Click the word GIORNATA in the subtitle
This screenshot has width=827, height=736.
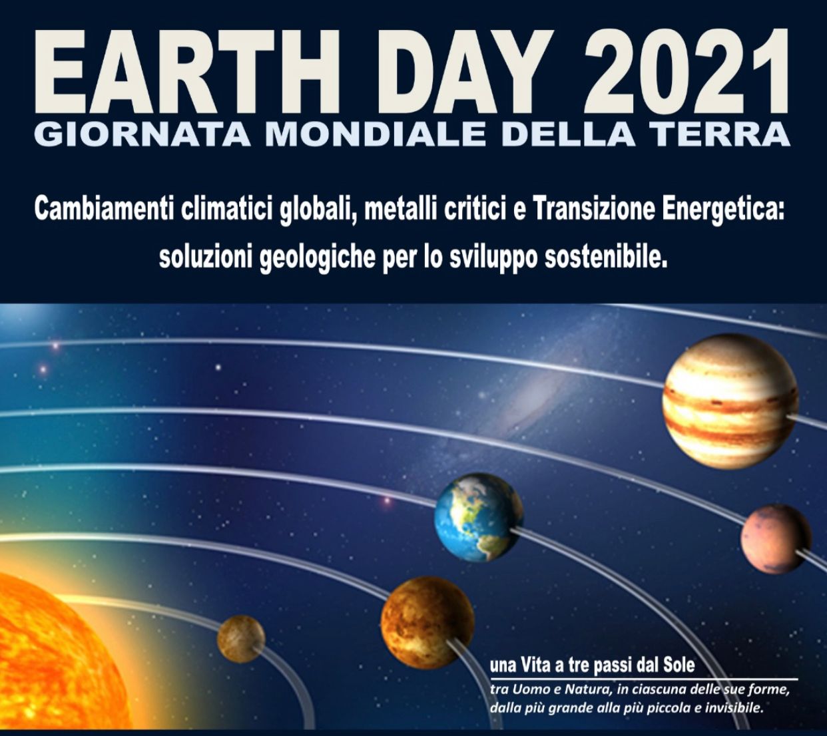coord(144,134)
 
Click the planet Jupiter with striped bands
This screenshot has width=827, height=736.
coord(730,401)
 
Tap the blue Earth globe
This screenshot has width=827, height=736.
coord(478,517)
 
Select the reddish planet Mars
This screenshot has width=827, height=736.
coord(776,539)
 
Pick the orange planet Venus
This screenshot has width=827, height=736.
coord(427,623)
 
